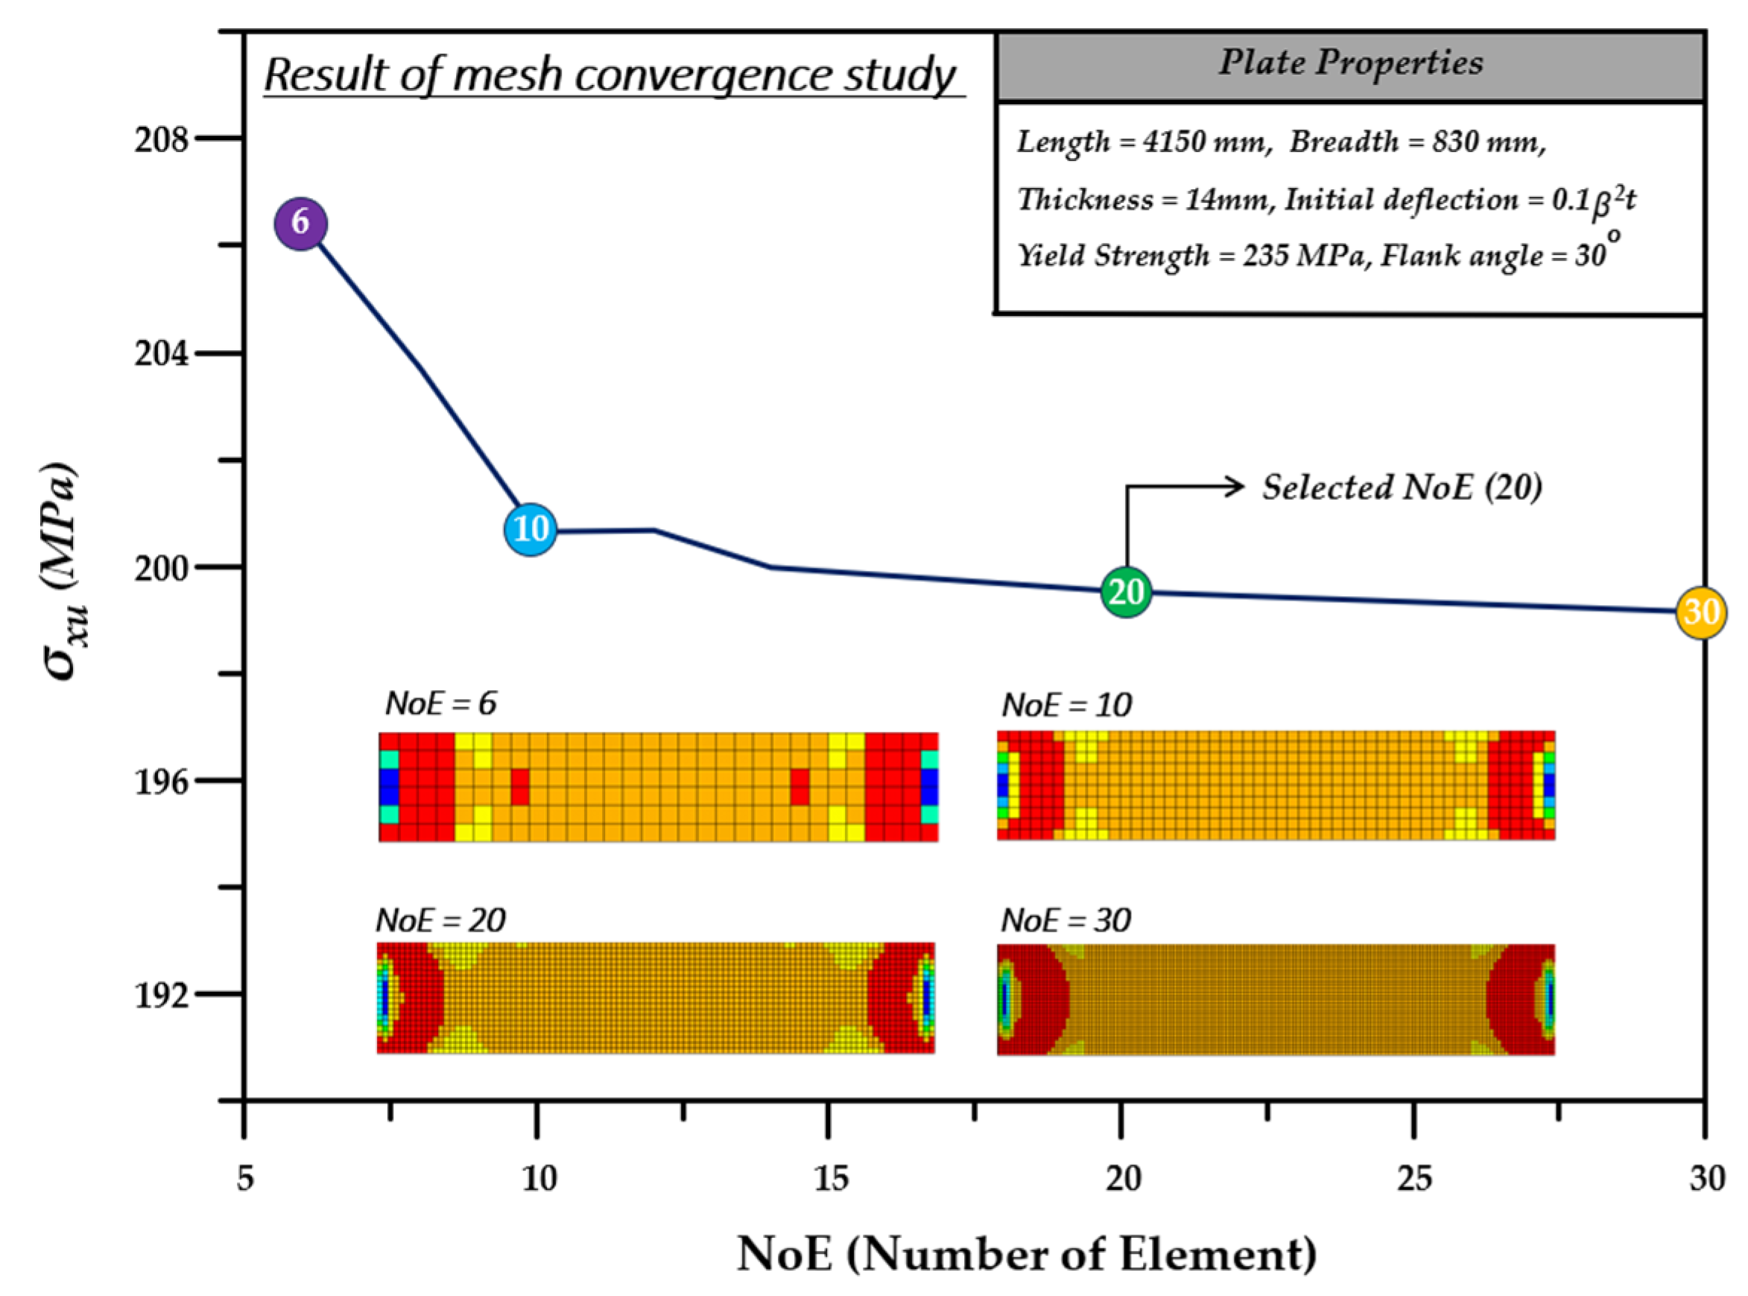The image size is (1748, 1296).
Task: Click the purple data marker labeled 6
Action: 300,224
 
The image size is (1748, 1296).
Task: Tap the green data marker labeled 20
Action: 1126,592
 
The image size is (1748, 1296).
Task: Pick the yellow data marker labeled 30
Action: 1700,612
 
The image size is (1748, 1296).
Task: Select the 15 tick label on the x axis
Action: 830,1179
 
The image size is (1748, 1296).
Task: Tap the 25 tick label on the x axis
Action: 1414,1179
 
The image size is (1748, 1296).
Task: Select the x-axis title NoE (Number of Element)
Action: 1027,1254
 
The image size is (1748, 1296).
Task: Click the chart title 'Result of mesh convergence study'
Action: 610,75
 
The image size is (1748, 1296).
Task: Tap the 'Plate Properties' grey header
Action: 1349,63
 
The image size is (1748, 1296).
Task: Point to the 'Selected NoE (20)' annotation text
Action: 1402,487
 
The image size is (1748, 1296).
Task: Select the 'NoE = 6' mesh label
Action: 440,704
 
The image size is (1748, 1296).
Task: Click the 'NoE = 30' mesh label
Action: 1065,920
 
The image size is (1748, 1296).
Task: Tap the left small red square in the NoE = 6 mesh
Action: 520,787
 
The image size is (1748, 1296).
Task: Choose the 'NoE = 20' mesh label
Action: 440,920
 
